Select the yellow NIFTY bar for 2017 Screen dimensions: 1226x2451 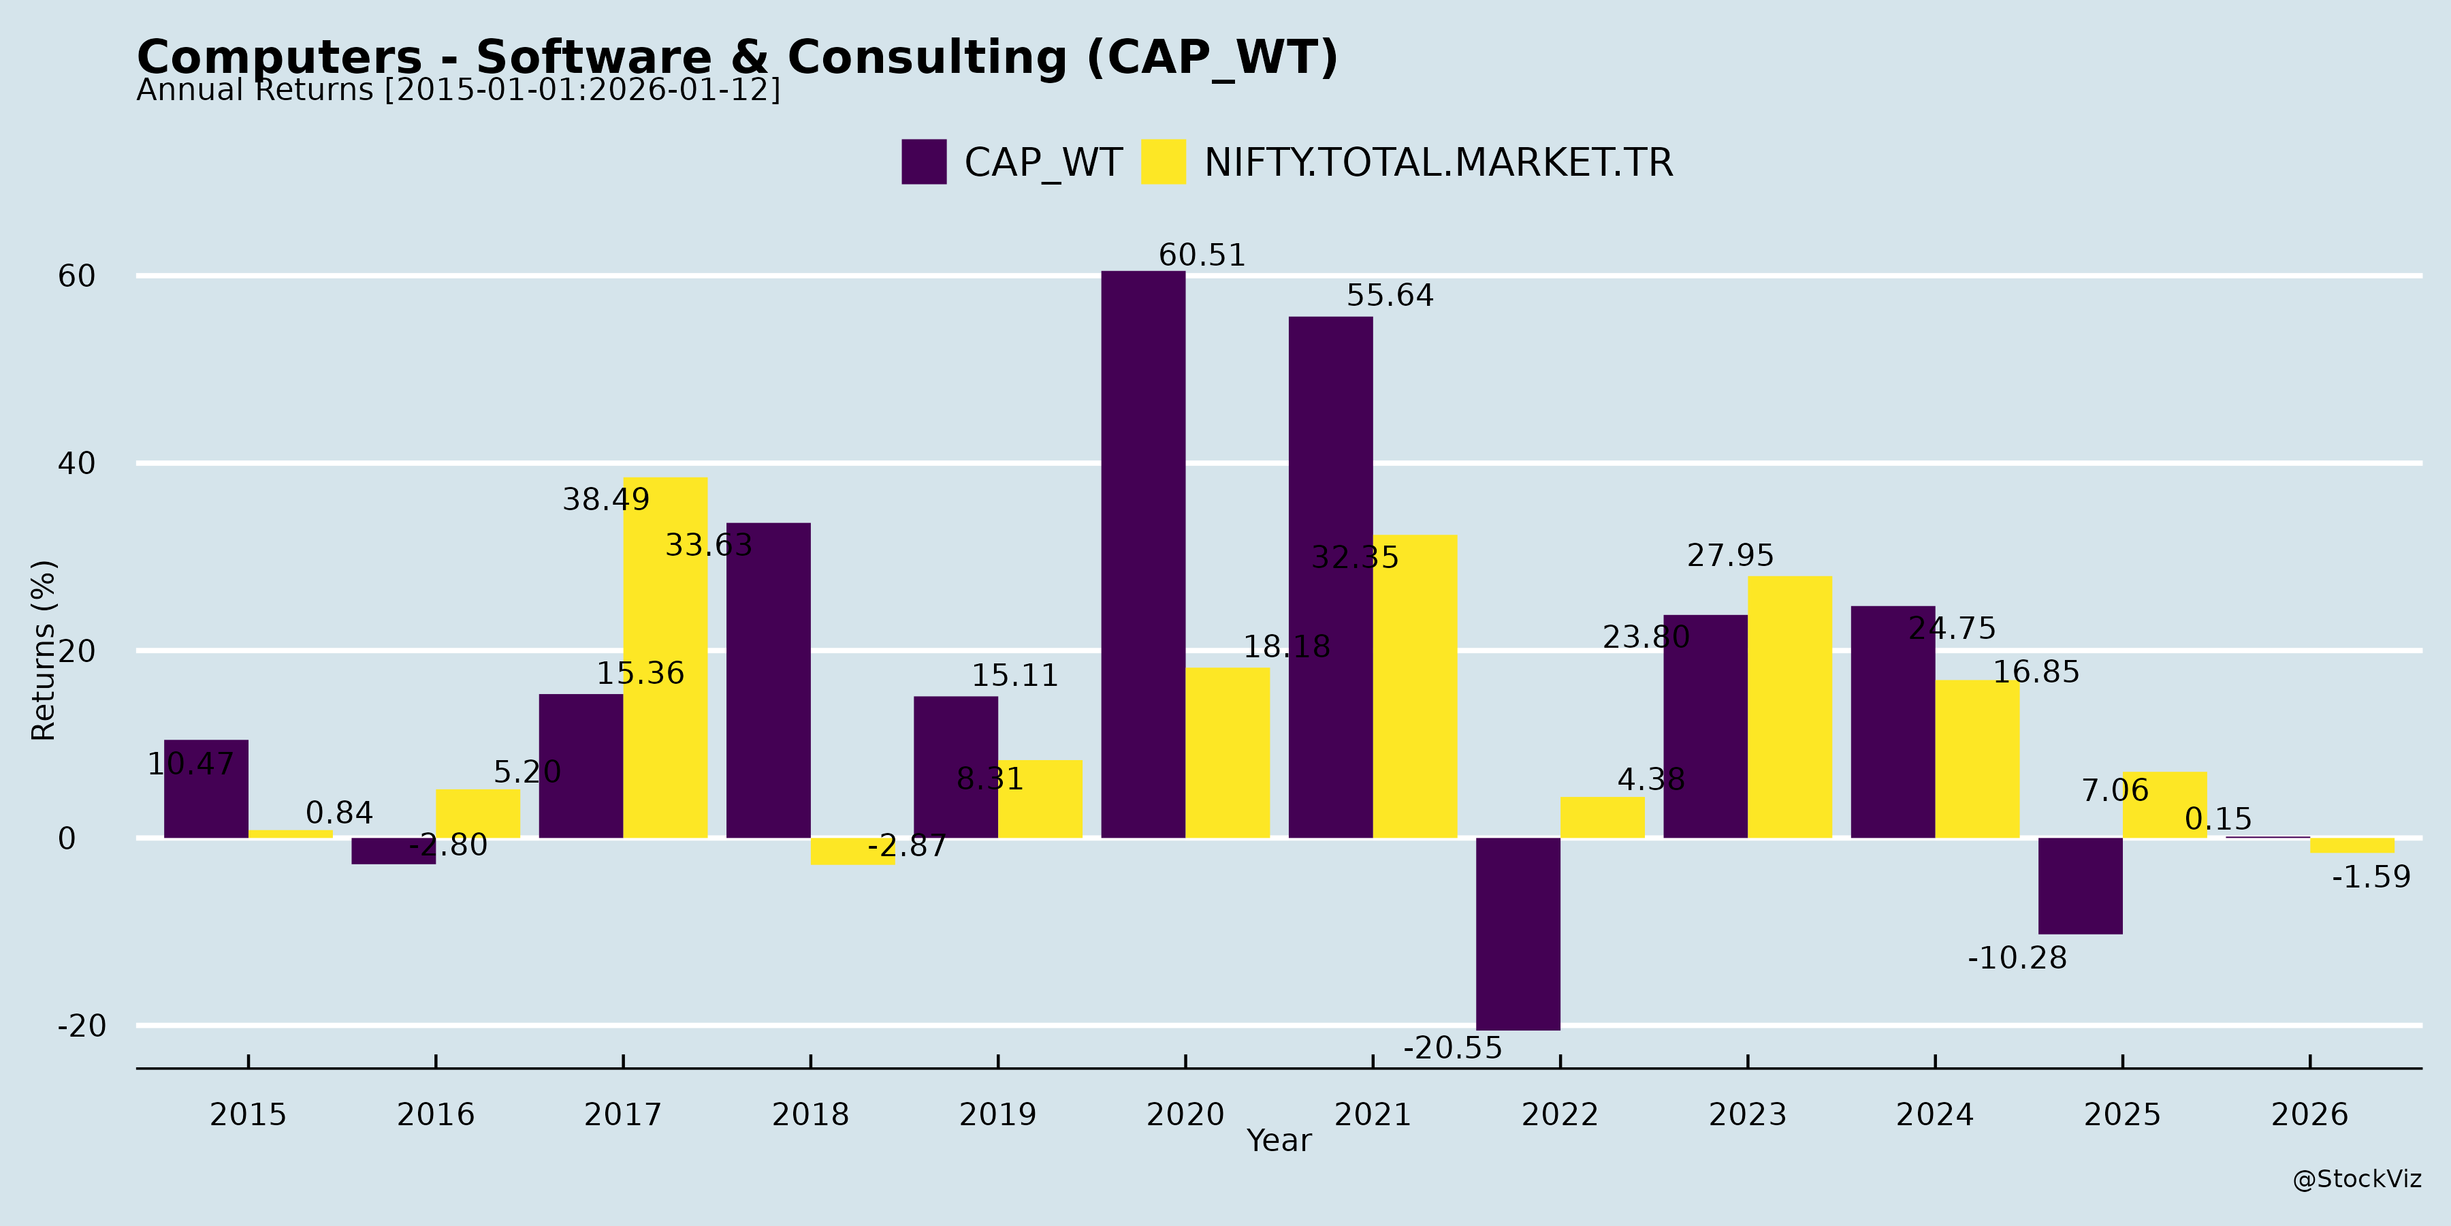coord(665,657)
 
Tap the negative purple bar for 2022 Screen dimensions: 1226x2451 coord(1518,933)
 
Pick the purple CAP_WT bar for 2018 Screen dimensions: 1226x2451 coord(768,680)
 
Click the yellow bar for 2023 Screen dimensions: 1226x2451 coord(1790,706)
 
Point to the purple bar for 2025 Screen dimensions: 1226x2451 coord(2080,885)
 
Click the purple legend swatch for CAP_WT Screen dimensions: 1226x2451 coord(924,162)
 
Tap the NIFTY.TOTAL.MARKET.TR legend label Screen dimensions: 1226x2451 coord(1438,163)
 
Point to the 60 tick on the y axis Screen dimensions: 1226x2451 coord(77,276)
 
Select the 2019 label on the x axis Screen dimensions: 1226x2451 coord(997,1114)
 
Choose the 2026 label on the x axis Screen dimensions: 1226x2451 coord(2309,1114)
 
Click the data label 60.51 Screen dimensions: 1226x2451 coord(1202,255)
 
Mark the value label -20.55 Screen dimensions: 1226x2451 coord(1452,1048)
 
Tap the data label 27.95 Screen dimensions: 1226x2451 coord(1730,555)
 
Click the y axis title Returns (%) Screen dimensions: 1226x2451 coord(44,650)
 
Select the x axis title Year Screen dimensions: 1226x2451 coord(1279,1140)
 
